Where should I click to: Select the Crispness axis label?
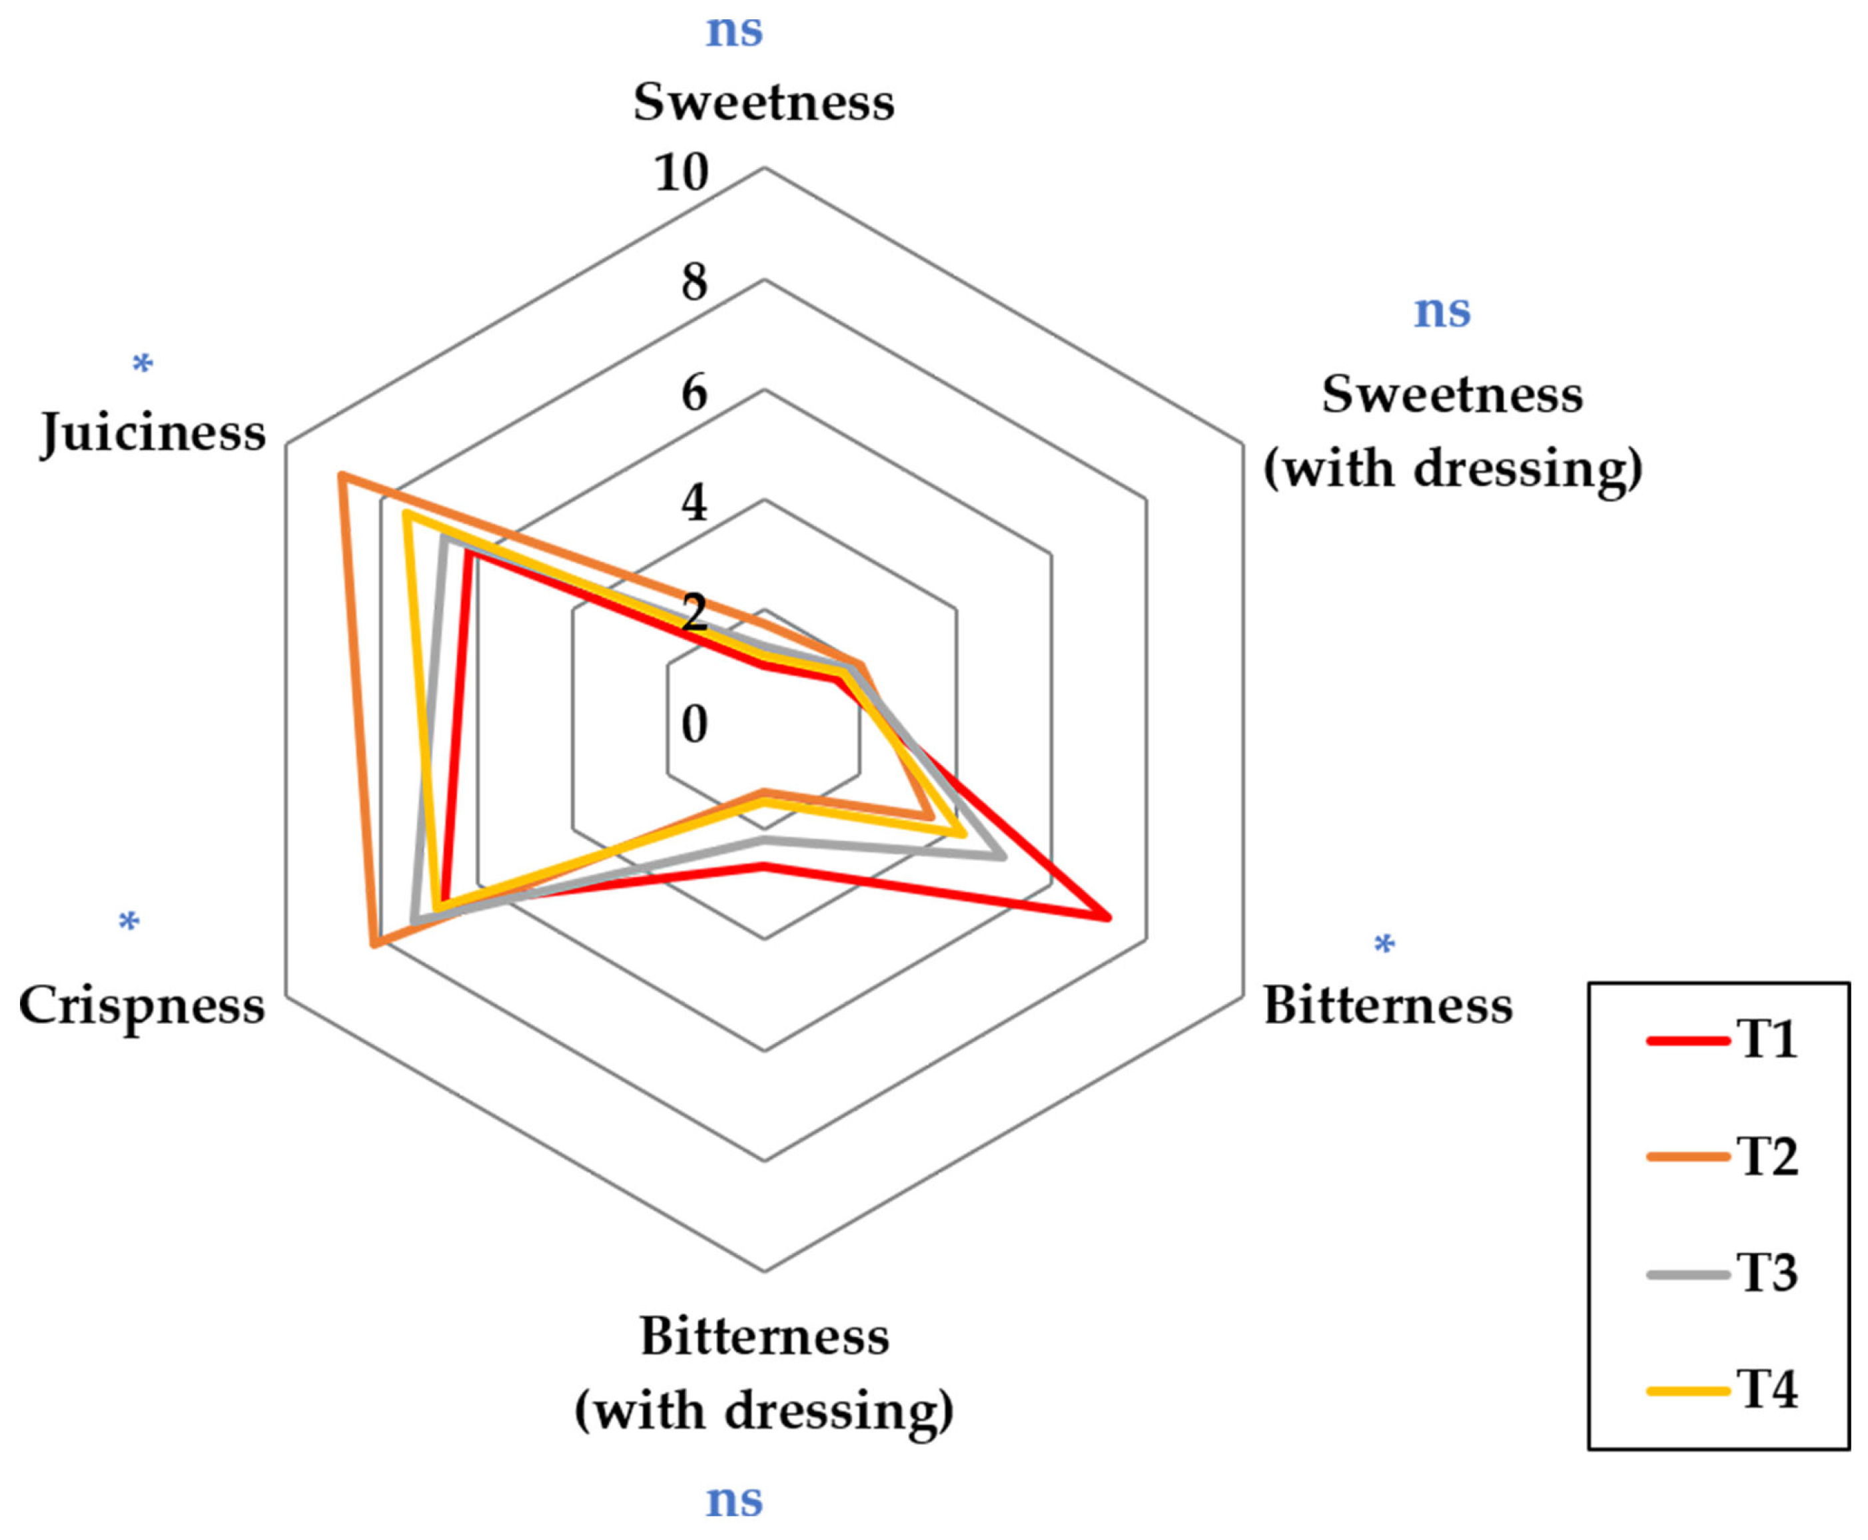click(142, 1006)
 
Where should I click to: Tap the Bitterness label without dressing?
click(1388, 1006)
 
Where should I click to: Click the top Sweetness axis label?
click(763, 102)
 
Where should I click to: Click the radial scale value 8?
click(694, 283)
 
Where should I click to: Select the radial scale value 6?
click(694, 393)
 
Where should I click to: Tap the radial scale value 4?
click(694, 503)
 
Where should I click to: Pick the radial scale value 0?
click(694, 725)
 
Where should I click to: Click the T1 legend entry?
click(1721, 1040)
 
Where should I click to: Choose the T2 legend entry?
click(1721, 1156)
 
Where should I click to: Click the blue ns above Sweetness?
click(734, 31)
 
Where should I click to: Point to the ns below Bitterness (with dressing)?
click(734, 1500)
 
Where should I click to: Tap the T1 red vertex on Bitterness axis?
click(1109, 918)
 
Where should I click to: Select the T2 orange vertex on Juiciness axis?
click(341, 476)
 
